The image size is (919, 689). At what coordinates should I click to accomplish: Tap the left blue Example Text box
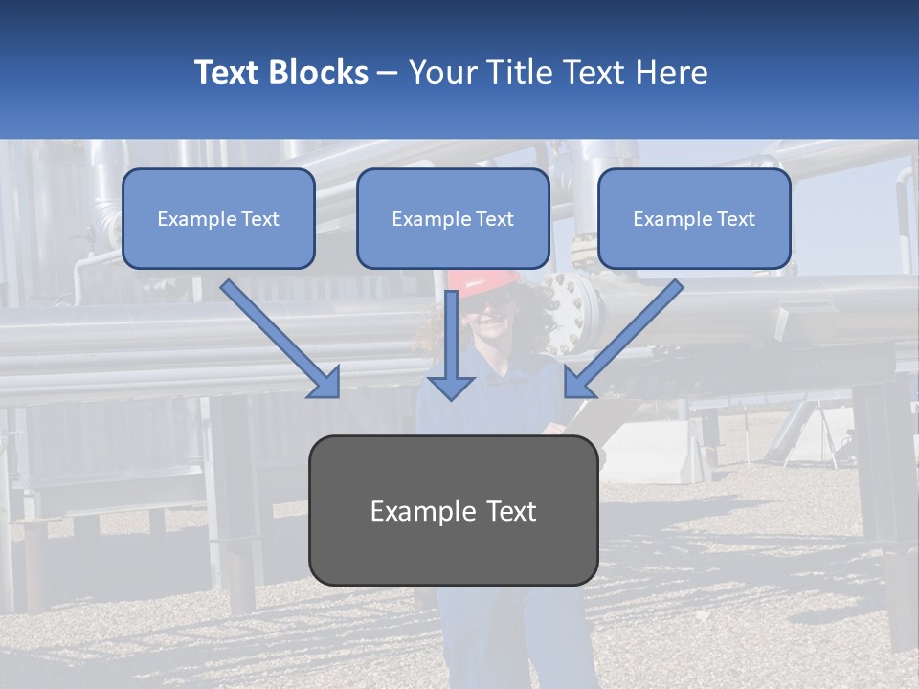pos(218,218)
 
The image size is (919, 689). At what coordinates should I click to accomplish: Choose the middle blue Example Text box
pos(453,218)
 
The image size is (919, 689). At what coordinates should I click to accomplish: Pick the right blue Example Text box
pos(694,218)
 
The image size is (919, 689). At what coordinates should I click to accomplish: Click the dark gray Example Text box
pos(453,510)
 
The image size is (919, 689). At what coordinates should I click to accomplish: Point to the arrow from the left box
pos(282,339)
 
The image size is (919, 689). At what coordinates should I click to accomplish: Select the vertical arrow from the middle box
pos(450,344)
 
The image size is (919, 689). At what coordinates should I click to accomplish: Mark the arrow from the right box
pos(623,339)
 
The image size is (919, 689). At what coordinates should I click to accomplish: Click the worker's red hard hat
pos(485,278)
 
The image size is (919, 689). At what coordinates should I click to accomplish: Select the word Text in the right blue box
pos(735,218)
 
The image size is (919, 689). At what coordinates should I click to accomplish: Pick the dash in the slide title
pos(388,73)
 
